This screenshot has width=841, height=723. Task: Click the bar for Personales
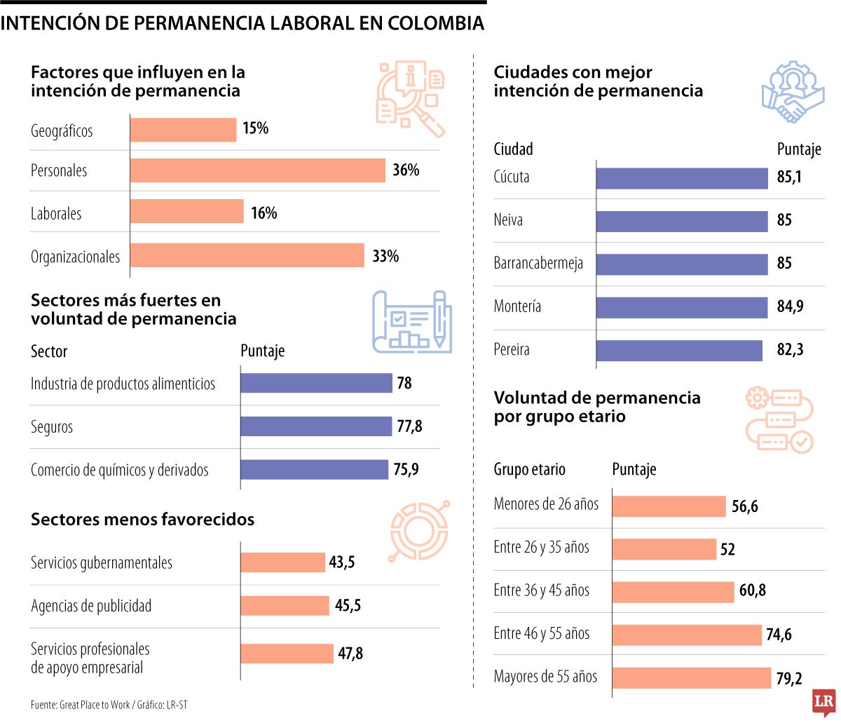pos(257,170)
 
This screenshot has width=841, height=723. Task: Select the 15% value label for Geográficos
pos(255,128)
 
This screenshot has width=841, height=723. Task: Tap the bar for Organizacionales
pos(247,256)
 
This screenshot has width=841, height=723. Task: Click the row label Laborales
pos(56,214)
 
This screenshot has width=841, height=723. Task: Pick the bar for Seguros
pos(315,426)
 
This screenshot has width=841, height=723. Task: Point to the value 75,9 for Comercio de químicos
pos(406,470)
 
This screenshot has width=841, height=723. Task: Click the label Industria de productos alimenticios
pos(123,384)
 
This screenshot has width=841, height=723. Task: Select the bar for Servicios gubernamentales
pos(282,562)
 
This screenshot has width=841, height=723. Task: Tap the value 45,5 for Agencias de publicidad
pos(348,606)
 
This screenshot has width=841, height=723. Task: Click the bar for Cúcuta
pos(682,178)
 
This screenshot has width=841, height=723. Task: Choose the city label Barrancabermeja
pos(538,264)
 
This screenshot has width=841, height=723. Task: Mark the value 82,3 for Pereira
pos(790,350)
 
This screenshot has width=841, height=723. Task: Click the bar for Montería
pos(682,307)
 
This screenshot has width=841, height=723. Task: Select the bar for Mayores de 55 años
pos(691,678)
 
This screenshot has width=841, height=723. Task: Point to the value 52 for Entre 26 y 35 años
pos(727,550)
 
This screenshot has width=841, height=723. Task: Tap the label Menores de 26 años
pos(546,504)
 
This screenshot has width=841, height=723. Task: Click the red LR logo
pos(824,702)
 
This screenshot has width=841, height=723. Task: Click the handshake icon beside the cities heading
pos(793,93)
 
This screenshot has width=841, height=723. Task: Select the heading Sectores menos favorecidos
pos(142,520)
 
